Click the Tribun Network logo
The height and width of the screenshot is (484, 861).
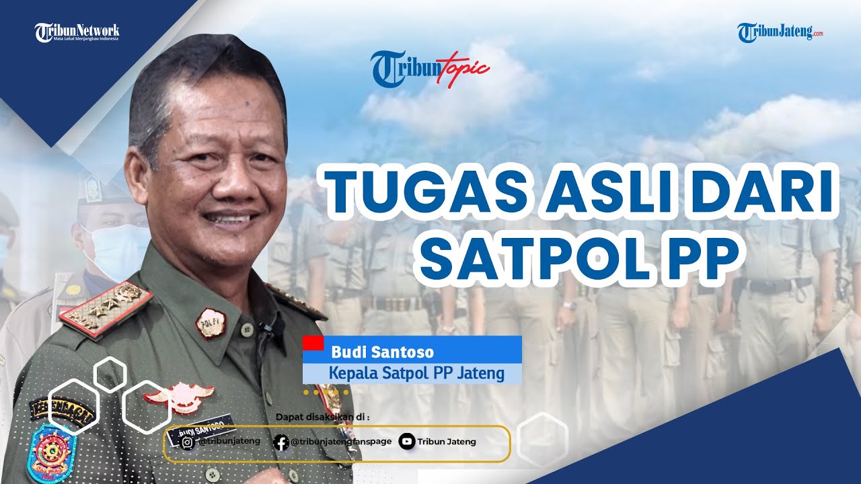tap(77, 32)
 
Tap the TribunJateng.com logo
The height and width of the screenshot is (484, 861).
tap(780, 32)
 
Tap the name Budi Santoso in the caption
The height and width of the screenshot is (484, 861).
tap(382, 352)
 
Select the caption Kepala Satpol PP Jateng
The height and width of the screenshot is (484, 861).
tap(416, 372)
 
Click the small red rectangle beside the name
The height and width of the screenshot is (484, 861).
tap(313, 343)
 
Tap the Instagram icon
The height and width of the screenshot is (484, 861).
tap(189, 442)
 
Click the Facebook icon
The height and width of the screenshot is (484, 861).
tap(281, 442)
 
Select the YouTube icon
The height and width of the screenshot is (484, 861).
tap(406, 442)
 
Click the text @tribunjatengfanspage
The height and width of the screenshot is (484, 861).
tap(341, 442)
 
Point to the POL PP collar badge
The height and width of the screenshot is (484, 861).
tap(210, 323)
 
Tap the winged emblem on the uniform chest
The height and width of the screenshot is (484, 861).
tap(179, 397)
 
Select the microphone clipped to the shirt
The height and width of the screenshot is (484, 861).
tap(268, 329)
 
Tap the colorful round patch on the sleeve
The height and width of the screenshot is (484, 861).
tap(52, 453)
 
